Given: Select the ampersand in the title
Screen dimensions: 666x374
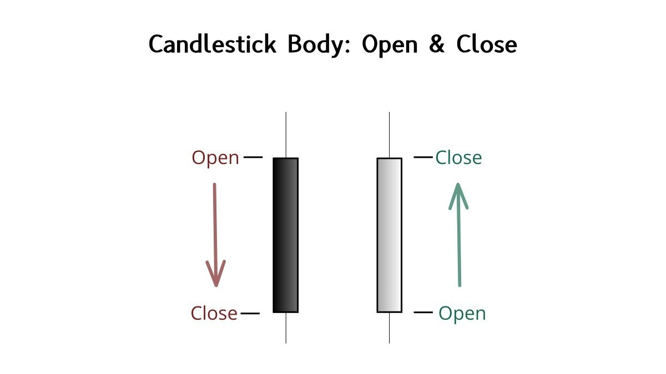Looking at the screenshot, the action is click(x=437, y=45).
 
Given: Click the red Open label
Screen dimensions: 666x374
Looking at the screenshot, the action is click(x=215, y=158).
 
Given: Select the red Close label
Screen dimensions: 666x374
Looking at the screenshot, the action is click(x=214, y=314).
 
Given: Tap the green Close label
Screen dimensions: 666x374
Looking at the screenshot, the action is click(x=458, y=158).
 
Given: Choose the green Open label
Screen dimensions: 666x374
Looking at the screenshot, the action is click(x=462, y=314).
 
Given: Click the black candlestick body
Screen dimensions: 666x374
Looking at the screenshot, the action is click(x=286, y=235).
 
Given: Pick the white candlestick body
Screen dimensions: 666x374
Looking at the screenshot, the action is click(x=389, y=235).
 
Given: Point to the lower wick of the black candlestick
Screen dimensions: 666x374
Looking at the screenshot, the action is click(x=286, y=328).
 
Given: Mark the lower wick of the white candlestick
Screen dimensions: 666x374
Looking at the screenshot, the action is click(x=389, y=328).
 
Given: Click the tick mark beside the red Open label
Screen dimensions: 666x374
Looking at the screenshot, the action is click(x=253, y=157).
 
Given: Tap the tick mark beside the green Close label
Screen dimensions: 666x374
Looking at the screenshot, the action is click(x=423, y=157).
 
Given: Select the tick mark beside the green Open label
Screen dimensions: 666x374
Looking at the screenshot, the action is click(x=423, y=313).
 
